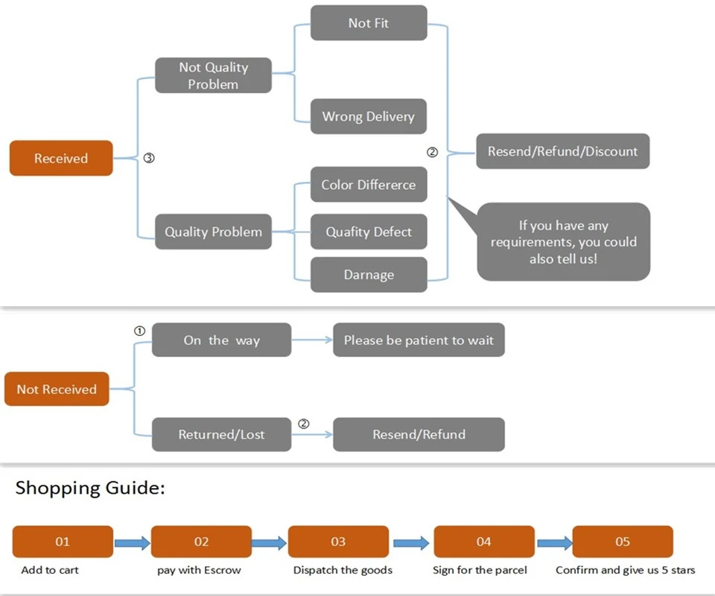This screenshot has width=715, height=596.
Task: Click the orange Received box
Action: (x=61, y=158)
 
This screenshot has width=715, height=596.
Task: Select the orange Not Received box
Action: (x=57, y=389)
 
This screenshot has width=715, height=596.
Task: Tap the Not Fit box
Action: (x=369, y=23)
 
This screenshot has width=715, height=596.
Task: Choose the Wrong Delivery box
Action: (x=369, y=116)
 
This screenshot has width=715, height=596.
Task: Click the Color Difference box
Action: (x=369, y=184)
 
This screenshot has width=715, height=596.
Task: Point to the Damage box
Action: (x=369, y=274)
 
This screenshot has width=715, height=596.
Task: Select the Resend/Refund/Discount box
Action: (x=563, y=151)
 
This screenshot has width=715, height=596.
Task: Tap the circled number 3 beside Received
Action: (x=149, y=158)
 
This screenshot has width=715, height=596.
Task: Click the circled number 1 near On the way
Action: (x=139, y=331)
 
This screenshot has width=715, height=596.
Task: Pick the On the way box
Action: (x=222, y=340)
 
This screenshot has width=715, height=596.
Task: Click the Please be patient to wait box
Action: (x=419, y=340)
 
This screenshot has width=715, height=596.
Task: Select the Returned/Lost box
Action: (x=222, y=434)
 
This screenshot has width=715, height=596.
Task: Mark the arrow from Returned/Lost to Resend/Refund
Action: (x=312, y=434)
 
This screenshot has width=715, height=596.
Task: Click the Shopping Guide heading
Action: (x=90, y=488)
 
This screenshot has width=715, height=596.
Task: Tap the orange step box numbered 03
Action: (x=338, y=542)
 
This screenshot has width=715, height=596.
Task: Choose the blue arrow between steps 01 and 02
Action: (x=133, y=543)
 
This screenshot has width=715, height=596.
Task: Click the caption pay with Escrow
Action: (x=199, y=571)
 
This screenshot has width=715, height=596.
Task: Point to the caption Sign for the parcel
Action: (x=480, y=571)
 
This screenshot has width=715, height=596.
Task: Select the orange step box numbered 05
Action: (x=623, y=542)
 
